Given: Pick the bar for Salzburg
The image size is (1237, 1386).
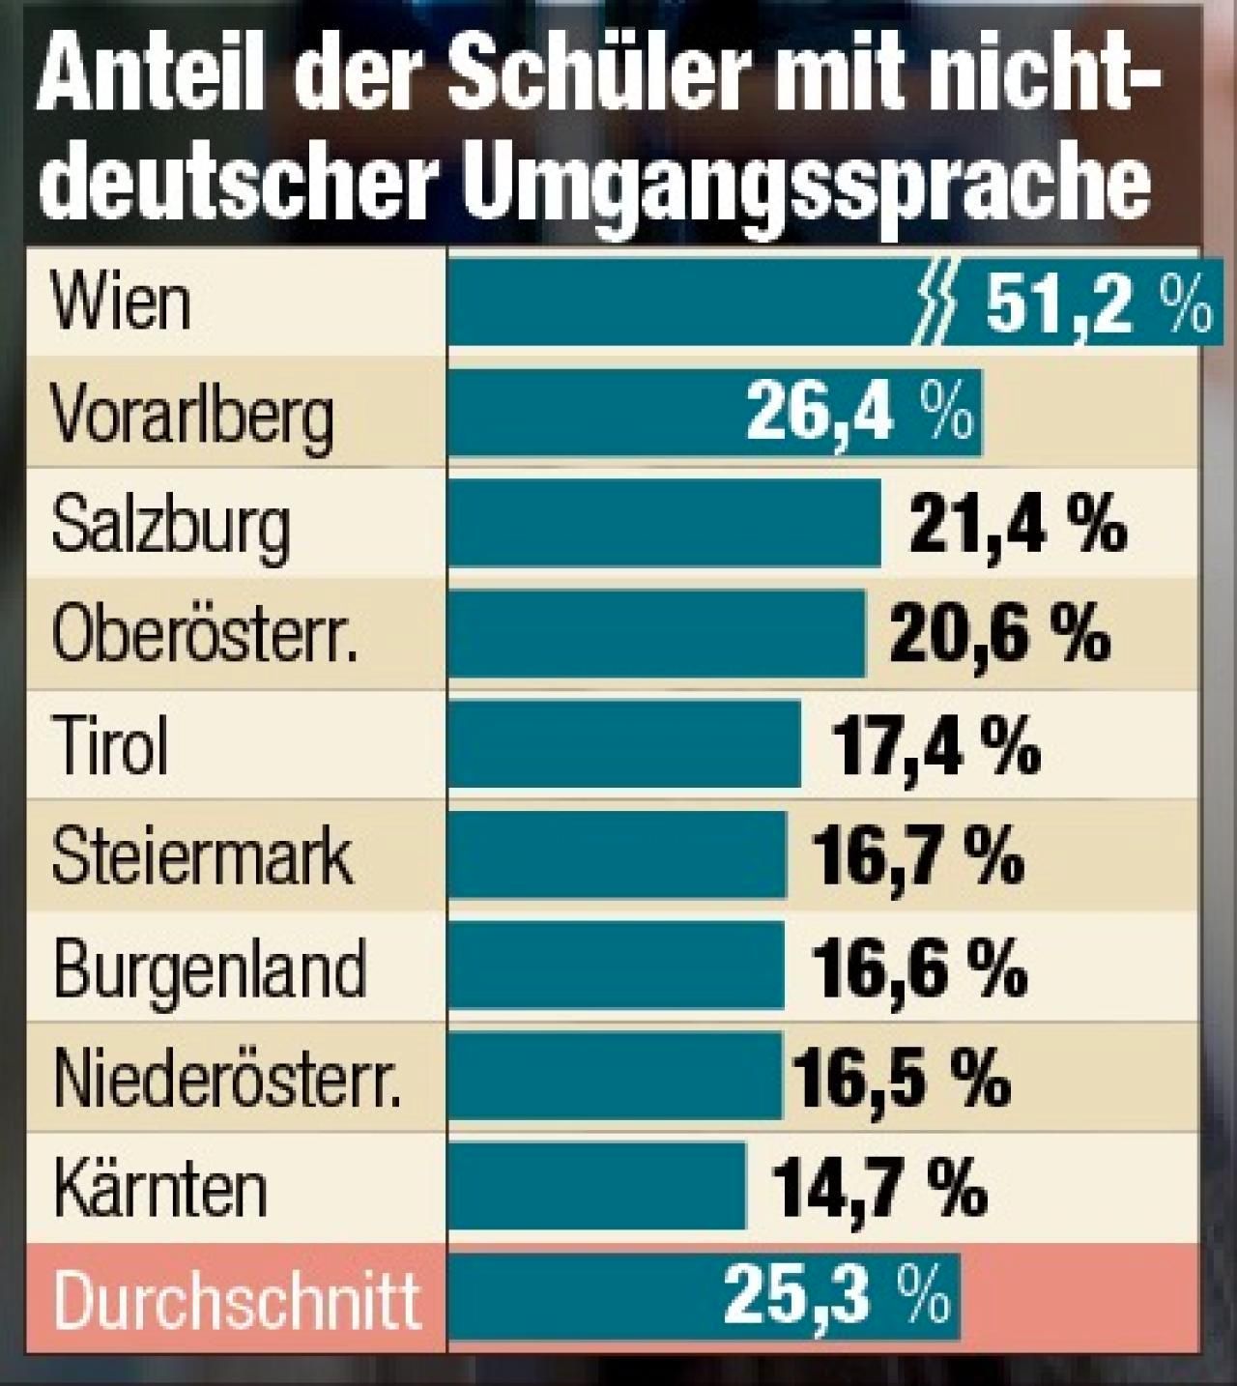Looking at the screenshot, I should coord(665,524).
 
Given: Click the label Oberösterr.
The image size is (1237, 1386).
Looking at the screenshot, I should coord(204,635).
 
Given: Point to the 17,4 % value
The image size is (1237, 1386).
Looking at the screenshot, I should coord(935,745).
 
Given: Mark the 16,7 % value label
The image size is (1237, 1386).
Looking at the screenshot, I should coord(918,856).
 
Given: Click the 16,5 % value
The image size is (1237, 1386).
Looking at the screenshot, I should coord(901,1078).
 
